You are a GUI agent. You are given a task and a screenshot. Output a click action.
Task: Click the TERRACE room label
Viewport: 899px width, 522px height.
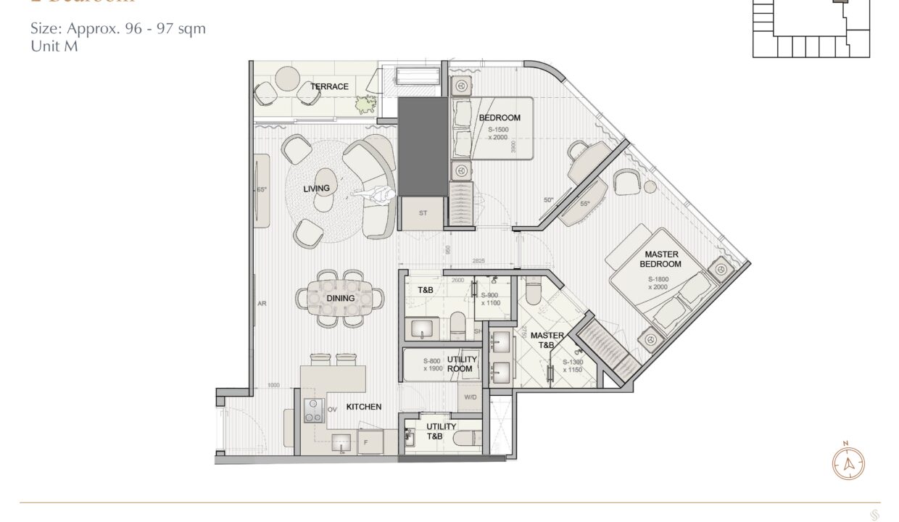[x=330, y=87]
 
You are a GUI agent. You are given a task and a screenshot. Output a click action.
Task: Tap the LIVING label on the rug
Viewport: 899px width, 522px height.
[x=317, y=188]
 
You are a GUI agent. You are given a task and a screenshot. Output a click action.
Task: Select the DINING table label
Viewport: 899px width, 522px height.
[x=340, y=298]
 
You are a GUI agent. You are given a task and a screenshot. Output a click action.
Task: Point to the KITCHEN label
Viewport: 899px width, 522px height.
[x=363, y=407]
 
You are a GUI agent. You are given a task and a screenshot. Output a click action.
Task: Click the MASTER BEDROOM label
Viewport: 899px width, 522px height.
[x=661, y=259]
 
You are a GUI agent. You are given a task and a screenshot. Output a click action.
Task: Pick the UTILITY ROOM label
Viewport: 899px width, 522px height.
[x=460, y=364]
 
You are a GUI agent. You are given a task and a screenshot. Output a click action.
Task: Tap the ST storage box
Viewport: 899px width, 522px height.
[x=423, y=213]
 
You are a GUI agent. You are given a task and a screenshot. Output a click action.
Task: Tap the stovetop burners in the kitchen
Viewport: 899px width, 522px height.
[x=313, y=410]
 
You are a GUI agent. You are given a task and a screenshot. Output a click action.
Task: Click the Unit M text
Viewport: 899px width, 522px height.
[x=54, y=46]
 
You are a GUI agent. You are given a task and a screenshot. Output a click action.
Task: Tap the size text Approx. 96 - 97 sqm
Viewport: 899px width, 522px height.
[x=118, y=29]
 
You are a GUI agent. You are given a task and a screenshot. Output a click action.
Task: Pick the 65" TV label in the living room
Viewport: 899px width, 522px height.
[x=262, y=189]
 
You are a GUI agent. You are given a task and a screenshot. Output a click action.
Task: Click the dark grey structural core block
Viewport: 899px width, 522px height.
[x=423, y=146]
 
